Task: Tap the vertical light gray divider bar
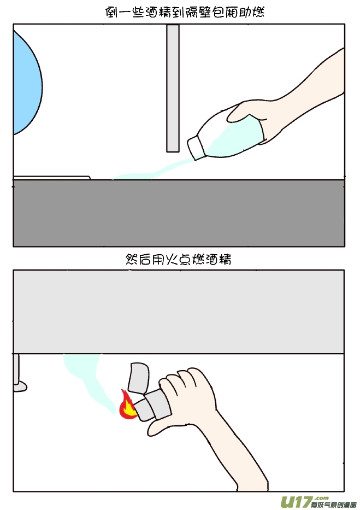click(173, 87)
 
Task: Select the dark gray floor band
click(179, 213)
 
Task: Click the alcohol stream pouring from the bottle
click(158, 171)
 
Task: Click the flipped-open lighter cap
click(139, 377)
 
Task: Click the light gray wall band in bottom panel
click(179, 312)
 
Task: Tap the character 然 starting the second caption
click(132, 260)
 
